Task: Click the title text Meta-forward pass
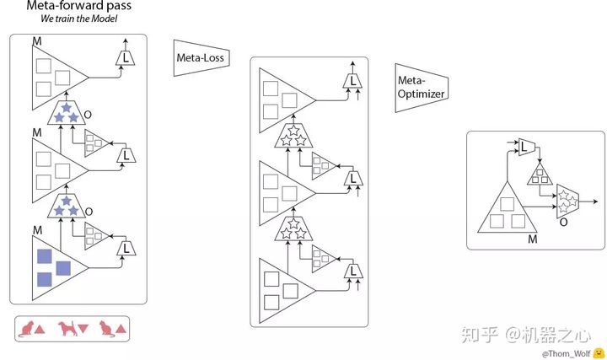(x=79, y=5)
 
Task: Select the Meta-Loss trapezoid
(x=201, y=57)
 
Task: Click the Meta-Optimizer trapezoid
(x=422, y=88)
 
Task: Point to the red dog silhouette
(x=67, y=329)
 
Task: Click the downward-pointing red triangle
(x=83, y=329)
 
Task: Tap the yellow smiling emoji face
(x=599, y=352)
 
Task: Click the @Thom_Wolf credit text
(x=567, y=353)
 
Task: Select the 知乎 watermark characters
(x=479, y=335)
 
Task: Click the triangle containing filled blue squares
(x=60, y=268)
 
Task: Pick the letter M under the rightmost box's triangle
(x=533, y=239)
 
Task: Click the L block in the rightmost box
(x=526, y=147)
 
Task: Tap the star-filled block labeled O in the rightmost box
(x=567, y=201)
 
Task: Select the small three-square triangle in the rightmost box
(x=540, y=175)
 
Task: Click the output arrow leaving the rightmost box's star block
(x=588, y=201)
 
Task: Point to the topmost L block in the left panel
(x=126, y=58)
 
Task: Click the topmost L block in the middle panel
(x=352, y=81)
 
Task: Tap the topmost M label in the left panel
(x=37, y=41)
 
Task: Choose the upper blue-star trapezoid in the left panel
(x=67, y=112)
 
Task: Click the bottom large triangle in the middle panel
(x=287, y=291)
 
